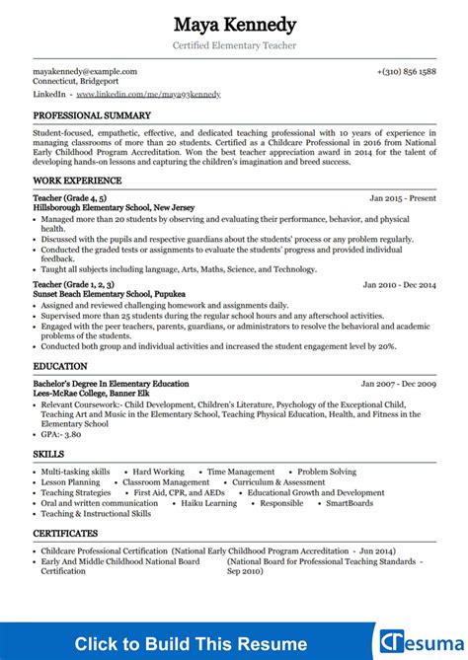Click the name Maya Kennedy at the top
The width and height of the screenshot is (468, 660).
pyautogui.click(x=234, y=24)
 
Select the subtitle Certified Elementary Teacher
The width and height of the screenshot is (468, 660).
pyautogui.click(x=234, y=45)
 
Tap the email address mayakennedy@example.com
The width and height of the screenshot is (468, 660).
pyautogui.click(x=85, y=71)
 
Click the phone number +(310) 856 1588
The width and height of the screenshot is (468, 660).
pyautogui.click(x=406, y=71)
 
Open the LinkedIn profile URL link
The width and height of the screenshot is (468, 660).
pyautogui.click(x=148, y=94)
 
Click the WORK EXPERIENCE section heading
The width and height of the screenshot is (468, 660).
pyautogui.click(x=77, y=181)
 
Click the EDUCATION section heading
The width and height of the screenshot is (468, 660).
pyautogui.click(x=60, y=365)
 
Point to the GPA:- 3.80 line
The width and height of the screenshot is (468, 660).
pyautogui.click(x=62, y=434)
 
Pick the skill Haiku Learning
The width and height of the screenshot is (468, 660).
pyautogui.click(x=209, y=502)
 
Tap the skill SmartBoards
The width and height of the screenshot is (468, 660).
pyautogui.click(x=350, y=502)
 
